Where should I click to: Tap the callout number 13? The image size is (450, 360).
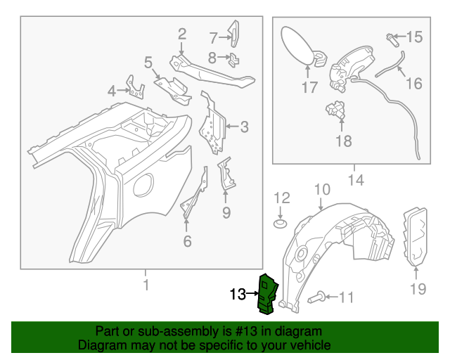pos(238,295)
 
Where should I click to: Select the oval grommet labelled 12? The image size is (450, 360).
pos(281,224)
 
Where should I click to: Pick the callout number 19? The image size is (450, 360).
pos(418,288)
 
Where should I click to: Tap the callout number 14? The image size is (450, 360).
pos(356,181)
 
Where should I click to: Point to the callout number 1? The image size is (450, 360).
pos(146,285)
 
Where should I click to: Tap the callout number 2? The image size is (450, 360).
pos(181,34)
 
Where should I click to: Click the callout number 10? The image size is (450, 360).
pos(321,188)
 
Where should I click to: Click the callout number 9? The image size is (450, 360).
pos(226,212)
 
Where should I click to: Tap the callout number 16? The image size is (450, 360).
pos(414,84)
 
